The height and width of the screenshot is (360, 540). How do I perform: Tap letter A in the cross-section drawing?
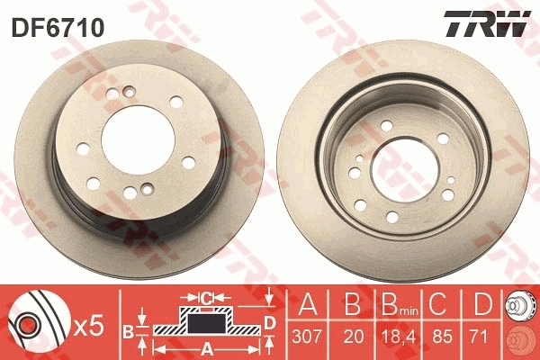pyautogui.click(x=206, y=348)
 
